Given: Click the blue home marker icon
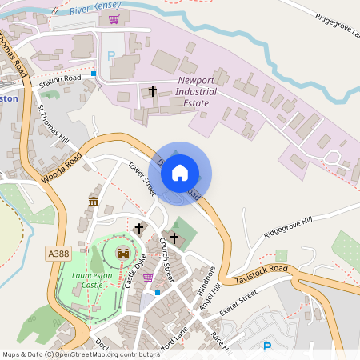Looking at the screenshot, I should click(180, 172).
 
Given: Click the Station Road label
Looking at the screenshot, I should click(61, 78).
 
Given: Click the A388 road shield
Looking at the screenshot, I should click(58, 254).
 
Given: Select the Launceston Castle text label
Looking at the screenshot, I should click(87, 279).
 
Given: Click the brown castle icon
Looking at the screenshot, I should click(123, 253).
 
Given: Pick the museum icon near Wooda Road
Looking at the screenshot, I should click(94, 201).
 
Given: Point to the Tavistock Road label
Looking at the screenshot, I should click(262, 274).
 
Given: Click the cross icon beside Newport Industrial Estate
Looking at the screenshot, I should click(153, 92).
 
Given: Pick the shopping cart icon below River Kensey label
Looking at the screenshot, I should click(114, 18).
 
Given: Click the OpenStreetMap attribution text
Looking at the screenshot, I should click(81, 354).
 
